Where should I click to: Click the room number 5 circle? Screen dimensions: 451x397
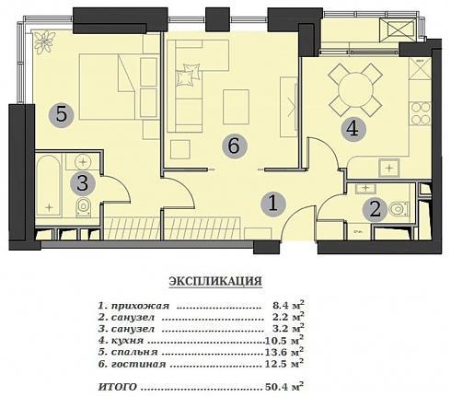(x=62, y=115)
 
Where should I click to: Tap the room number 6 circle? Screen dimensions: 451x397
(x=235, y=146)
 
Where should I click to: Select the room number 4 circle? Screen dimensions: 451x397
(x=353, y=129)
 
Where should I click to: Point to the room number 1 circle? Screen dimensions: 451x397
(x=273, y=204)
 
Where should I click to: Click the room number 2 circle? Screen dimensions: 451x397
(x=375, y=210)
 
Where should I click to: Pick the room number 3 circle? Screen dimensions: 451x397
(x=83, y=183)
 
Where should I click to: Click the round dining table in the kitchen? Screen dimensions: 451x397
(x=355, y=89)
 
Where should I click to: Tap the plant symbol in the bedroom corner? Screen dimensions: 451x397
(x=45, y=42)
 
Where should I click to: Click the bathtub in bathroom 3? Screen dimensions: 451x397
(x=49, y=186)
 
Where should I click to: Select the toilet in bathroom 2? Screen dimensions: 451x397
(x=399, y=209)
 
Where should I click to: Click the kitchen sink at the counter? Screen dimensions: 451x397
(x=389, y=168)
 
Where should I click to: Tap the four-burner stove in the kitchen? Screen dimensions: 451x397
(x=421, y=113)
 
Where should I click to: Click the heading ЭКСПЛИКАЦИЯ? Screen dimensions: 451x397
(x=215, y=281)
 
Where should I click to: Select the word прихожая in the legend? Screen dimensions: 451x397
(x=140, y=306)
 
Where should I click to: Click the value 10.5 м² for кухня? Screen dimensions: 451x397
(x=284, y=340)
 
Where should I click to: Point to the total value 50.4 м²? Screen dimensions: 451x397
(x=284, y=386)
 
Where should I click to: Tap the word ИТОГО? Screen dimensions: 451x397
(x=118, y=387)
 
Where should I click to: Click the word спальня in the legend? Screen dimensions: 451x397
(x=134, y=352)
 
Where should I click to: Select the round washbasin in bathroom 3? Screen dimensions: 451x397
(x=82, y=161)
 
